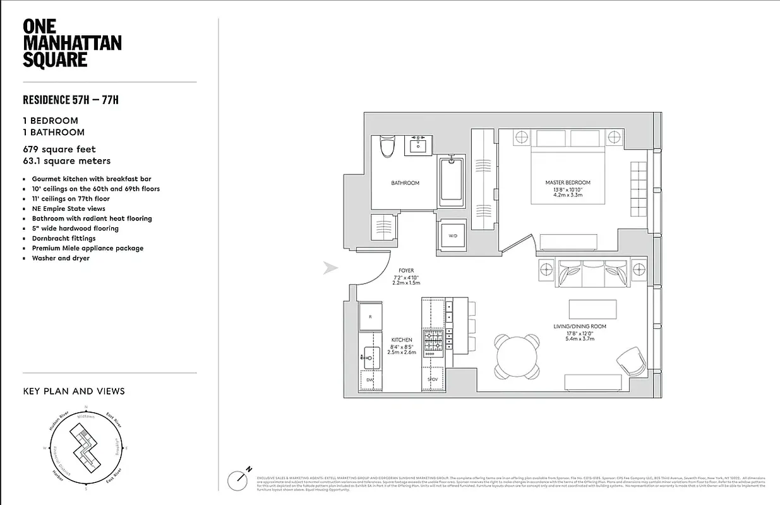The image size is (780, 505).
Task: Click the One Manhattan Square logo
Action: pos(71,44)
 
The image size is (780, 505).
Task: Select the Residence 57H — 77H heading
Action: pos(71,100)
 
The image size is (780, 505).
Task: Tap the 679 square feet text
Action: pos(59,150)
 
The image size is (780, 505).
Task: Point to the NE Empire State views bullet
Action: pos(68,208)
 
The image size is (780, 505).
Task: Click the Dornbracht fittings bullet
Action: pos(64,239)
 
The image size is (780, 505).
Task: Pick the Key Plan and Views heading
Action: pos(74,391)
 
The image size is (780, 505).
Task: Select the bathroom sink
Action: pos(417,146)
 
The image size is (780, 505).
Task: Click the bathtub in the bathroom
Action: pos(451,182)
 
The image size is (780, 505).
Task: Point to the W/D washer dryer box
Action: pos(453,235)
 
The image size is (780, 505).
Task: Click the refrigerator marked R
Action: pos(370,316)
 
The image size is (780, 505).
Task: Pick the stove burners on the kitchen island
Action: pos(434,343)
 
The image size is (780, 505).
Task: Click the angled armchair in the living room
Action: pos(630,361)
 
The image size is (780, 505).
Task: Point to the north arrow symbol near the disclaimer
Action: pos(237,478)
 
